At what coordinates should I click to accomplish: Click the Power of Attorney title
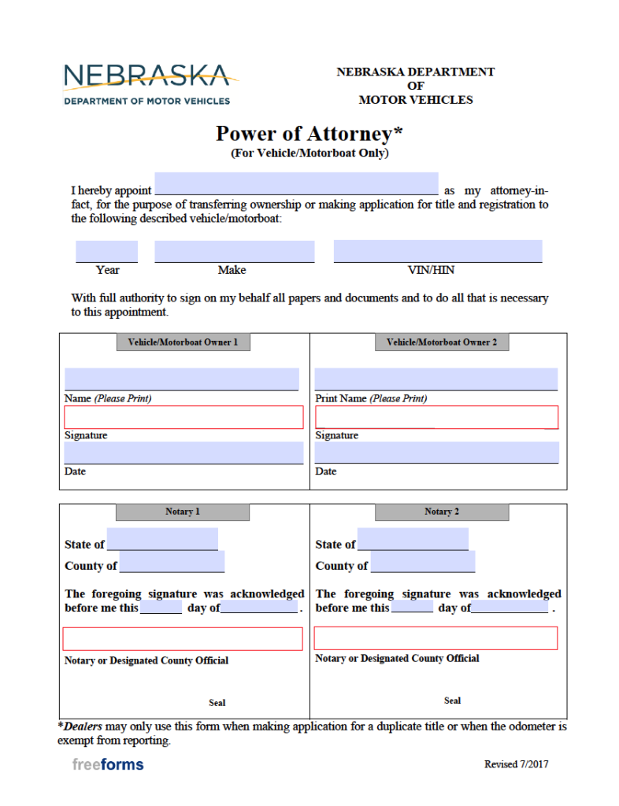(x=309, y=134)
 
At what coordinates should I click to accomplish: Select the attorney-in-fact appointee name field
(x=296, y=183)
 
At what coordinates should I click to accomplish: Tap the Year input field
(x=106, y=251)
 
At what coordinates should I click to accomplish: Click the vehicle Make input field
(x=234, y=251)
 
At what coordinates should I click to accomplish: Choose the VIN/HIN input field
(x=438, y=251)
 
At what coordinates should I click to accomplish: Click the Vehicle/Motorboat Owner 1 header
(x=183, y=342)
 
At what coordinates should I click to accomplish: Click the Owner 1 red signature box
(x=183, y=417)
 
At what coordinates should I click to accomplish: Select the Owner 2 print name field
(x=436, y=379)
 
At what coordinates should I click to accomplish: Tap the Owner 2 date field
(x=436, y=453)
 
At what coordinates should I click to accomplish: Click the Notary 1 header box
(x=183, y=512)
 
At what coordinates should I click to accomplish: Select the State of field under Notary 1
(x=162, y=539)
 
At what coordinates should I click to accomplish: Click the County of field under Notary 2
(x=423, y=562)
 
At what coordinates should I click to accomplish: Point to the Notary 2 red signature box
(x=436, y=638)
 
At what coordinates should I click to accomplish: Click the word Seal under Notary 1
(x=217, y=703)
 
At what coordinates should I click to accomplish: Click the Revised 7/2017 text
(x=516, y=764)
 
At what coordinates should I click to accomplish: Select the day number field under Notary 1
(x=161, y=607)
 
